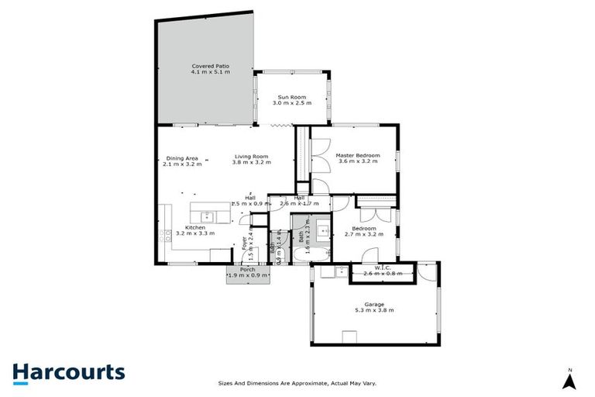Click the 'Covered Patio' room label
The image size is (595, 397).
212,67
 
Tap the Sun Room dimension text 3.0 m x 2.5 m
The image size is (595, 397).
294,102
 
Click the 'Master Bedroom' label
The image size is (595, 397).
357,155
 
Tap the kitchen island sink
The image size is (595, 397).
207,216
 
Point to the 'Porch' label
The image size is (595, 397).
248,269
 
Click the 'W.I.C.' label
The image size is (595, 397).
380,269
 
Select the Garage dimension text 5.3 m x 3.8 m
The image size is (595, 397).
374,310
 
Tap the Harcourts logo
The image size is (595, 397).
68,372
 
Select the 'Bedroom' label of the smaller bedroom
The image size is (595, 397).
363,229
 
